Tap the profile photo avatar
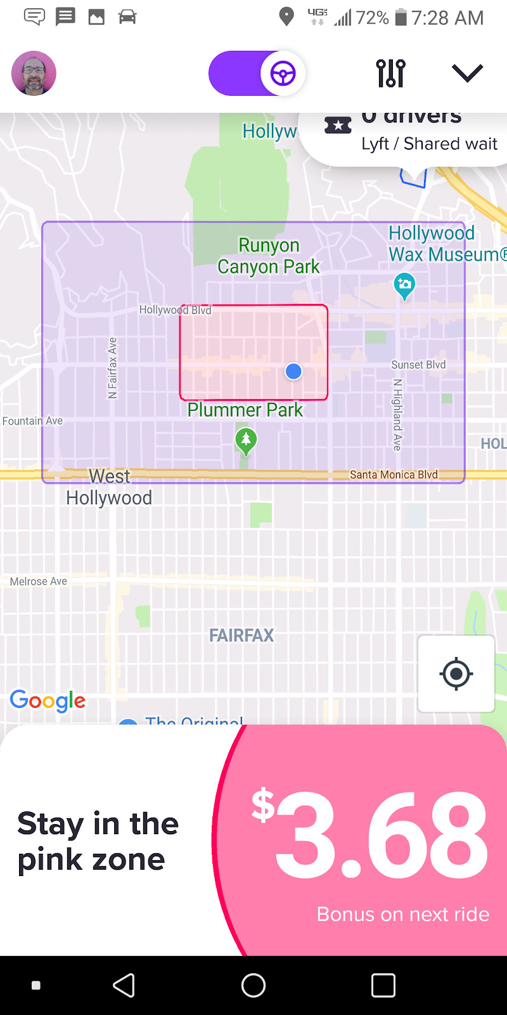coord(34,74)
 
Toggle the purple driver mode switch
coord(257,74)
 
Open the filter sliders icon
coord(390,74)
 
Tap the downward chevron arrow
coord(467,73)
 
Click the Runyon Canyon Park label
coord(269,256)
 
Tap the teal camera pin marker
coord(404,285)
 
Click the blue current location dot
coord(293,371)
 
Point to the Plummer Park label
coord(245,410)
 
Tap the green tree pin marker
coord(246,440)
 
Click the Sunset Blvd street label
coord(418,365)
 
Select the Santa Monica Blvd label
coord(394,475)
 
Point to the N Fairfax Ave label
coord(113,368)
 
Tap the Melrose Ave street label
coord(39,581)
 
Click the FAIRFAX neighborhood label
coord(241,635)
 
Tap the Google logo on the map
coord(48,700)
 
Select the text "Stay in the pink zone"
coord(98,841)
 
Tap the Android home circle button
coord(253,985)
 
